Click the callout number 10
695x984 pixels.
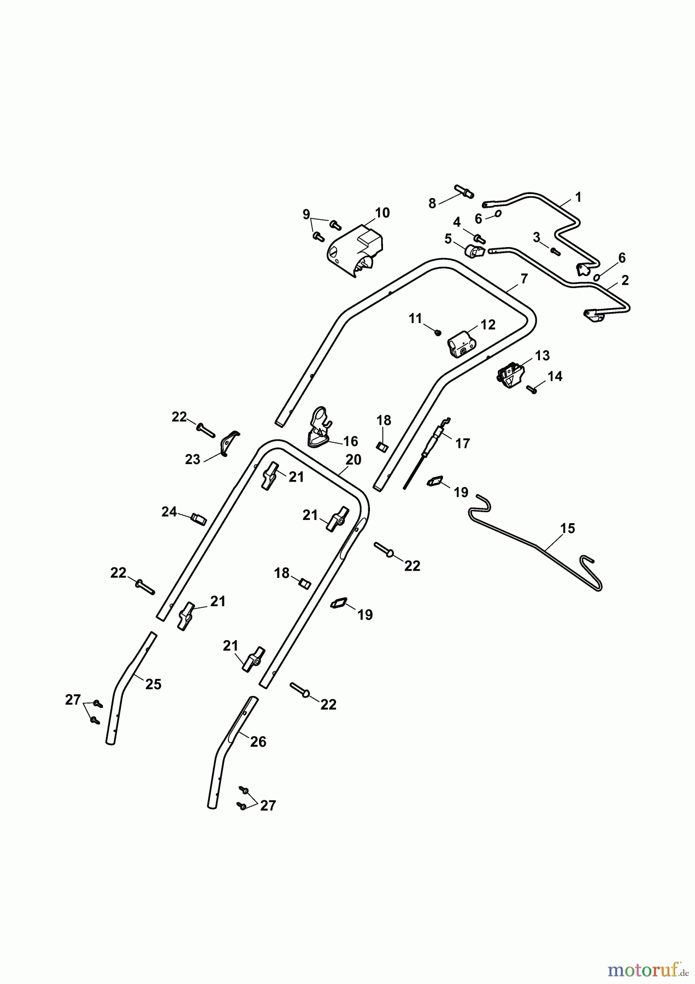(382, 213)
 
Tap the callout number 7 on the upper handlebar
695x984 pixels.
(524, 279)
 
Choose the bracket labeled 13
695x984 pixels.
(511, 376)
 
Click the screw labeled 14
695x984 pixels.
(531, 389)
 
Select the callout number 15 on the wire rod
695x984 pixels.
(568, 529)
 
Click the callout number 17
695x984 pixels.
(462, 443)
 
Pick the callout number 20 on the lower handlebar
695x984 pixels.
(354, 460)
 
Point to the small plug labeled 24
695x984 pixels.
(198, 518)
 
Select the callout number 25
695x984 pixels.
(154, 684)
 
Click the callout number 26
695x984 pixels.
(258, 742)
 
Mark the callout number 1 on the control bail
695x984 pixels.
(578, 197)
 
